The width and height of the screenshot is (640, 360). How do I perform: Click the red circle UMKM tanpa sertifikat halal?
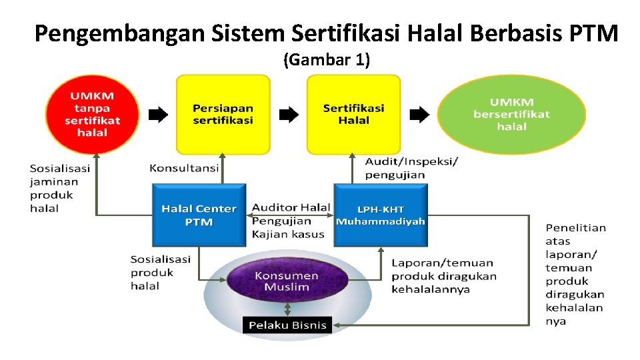(92, 114)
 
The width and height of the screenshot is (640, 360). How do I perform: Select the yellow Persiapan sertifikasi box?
(223, 114)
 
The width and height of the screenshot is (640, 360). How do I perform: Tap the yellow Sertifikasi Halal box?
(353, 114)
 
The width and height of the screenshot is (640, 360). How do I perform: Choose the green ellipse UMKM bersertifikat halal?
(511, 114)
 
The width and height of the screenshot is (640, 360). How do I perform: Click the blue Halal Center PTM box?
(199, 215)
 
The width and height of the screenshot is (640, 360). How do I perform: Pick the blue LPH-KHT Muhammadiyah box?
(380, 215)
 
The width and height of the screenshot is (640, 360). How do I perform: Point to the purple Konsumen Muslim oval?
(287, 281)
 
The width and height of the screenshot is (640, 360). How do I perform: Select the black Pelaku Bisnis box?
(287, 325)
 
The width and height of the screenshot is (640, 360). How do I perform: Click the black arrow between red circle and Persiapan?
(158, 115)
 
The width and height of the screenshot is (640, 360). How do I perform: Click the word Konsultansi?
(184, 168)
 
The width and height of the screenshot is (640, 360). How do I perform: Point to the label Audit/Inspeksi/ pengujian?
(411, 168)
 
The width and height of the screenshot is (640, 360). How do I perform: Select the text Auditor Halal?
(291, 207)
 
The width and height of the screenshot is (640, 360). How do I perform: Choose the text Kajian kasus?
(288, 234)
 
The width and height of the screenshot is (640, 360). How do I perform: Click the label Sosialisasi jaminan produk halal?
(60, 188)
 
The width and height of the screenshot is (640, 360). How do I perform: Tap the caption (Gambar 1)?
(327, 60)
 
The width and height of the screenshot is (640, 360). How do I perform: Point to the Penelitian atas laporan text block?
(575, 274)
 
